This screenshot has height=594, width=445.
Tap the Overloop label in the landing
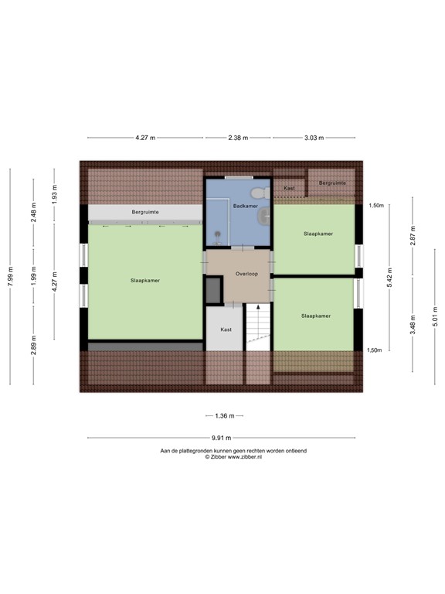[x=246, y=274]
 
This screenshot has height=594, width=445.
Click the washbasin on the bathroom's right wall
[x=265, y=214]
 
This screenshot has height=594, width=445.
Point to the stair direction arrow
[x=258, y=308]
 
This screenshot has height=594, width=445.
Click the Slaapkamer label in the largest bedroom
[x=145, y=281]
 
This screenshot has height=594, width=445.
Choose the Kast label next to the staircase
[x=226, y=329]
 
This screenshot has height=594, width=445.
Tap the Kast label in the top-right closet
[x=289, y=188]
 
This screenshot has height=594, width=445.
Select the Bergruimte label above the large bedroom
[x=145, y=211]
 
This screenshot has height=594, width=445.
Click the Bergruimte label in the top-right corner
[x=332, y=183]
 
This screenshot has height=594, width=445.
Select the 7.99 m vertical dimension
[x=10, y=276]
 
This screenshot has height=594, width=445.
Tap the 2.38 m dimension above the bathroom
[x=238, y=138]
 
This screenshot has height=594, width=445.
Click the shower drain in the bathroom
[x=218, y=234]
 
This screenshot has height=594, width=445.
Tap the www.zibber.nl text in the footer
[x=244, y=457]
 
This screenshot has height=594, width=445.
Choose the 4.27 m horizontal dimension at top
[x=145, y=138]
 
